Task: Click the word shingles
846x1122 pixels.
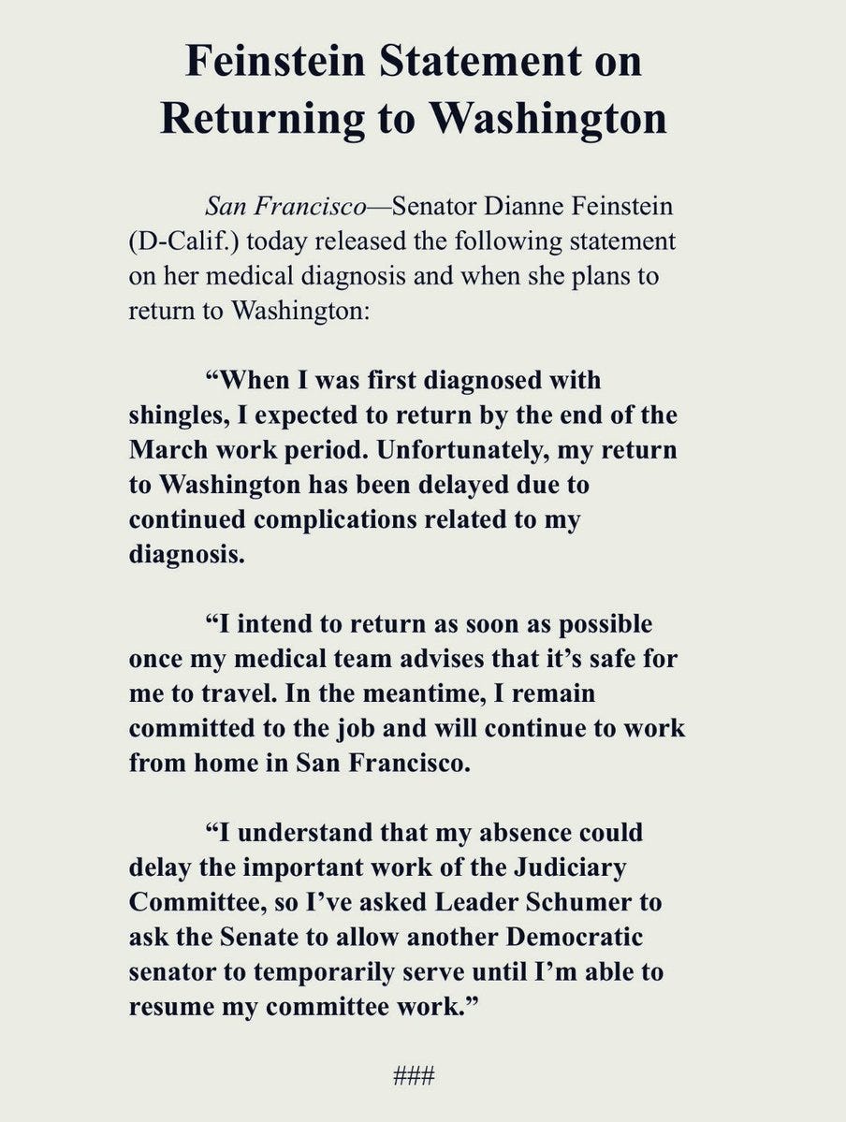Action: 177,415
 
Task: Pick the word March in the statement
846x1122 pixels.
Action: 165,449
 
